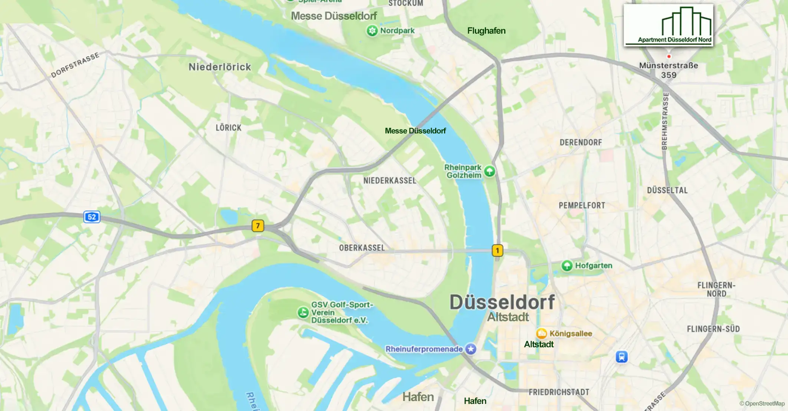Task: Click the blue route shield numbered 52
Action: click(x=92, y=217)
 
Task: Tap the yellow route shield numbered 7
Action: click(x=258, y=226)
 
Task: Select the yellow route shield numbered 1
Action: click(x=497, y=251)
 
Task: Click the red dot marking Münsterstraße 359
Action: click(x=669, y=56)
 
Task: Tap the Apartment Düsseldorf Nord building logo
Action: click(x=668, y=25)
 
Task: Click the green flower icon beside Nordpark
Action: click(x=372, y=31)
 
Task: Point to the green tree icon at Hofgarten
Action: click(x=567, y=266)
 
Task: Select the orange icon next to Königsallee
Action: click(x=541, y=333)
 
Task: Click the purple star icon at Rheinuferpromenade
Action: click(x=471, y=349)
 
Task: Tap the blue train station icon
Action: click(x=621, y=357)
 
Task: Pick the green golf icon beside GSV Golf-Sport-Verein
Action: click(x=303, y=312)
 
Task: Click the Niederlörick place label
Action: click(x=220, y=67)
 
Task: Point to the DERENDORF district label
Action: click(x=581, y=142)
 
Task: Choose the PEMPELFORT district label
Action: click(x=582, y=205)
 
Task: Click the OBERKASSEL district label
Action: click(x=362, y=248)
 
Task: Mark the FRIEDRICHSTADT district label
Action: click(x=559, y=392)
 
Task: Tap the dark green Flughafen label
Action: click(x=486, y=31)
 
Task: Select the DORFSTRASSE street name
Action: click(x=75, y=65)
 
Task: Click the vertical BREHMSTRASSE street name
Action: click(x=665, y=121)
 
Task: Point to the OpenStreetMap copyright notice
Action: click(x=762, y=404)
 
